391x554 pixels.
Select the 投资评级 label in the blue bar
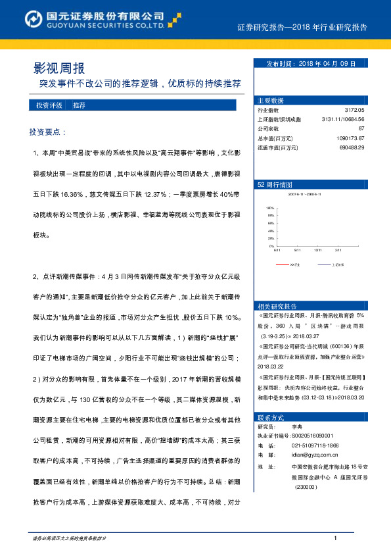click(49, 105)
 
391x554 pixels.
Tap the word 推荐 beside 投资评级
click(80, 105)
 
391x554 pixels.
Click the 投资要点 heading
click(48, 132)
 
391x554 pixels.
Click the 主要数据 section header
click(271, 101)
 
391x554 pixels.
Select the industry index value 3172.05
click(354, 111)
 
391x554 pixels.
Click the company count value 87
click(361, 129)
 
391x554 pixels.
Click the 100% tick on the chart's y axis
click(270, 208)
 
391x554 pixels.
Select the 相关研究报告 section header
click(277, 306)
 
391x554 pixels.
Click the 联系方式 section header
click(271, 418)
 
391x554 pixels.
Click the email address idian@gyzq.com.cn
click(315, 455)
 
